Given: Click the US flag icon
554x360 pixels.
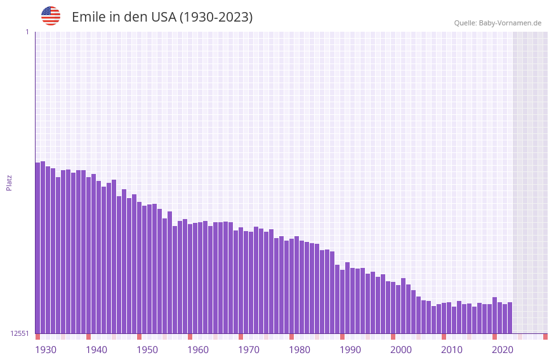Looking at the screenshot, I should [x=51, y=16].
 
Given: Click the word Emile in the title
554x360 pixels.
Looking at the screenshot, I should [x=88, y=17].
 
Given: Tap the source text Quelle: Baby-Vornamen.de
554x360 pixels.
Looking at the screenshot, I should [x=497, y=23].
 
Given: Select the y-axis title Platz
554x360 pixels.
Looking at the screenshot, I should [x=9, y=182].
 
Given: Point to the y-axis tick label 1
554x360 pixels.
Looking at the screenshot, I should [x=27, y=32].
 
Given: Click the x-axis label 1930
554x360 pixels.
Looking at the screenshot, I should [x=46, y=350].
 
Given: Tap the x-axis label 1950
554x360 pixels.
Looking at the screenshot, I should [x=147, y=350].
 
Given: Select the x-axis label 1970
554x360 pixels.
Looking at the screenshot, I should [x=249, y=350].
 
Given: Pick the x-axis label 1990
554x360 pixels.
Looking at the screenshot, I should [x=350, y=350].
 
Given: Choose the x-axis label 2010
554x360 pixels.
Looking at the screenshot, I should [x=452, y=350].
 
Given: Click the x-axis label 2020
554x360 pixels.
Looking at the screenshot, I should [x=503, y=350].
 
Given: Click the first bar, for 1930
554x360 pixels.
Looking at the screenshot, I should [x=37, y=248].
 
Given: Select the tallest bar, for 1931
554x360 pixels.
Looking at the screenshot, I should [x=43, y=247].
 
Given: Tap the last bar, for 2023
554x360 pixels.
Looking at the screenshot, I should [x=510, y=317].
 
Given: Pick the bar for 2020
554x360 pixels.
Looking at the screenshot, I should [x=494, y=315].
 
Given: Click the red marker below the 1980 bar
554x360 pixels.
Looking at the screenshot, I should [x=291, y=337].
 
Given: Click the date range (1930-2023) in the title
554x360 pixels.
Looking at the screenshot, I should [x=216, y=17].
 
